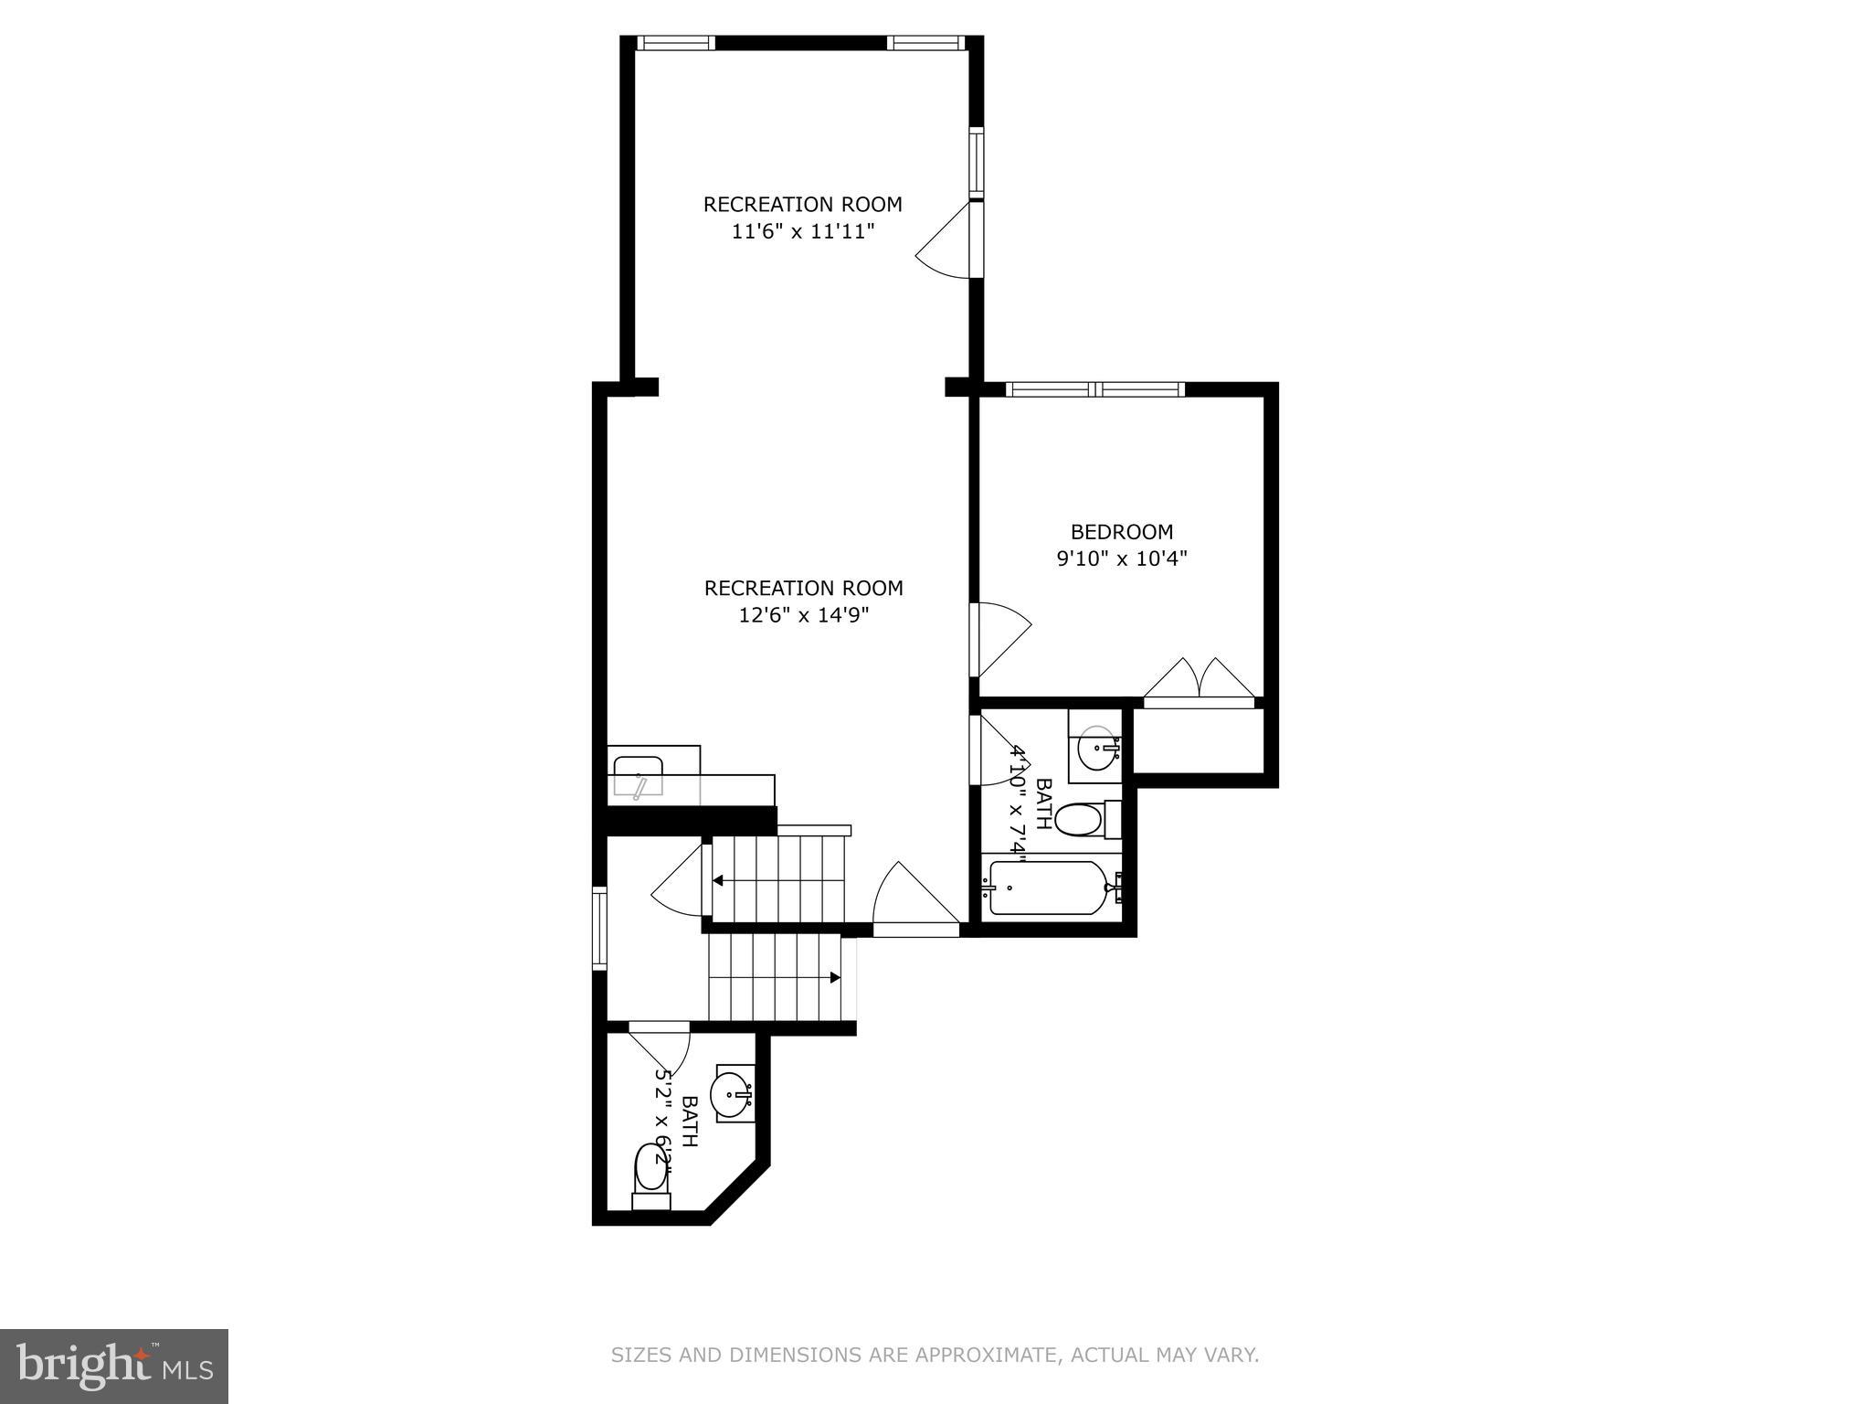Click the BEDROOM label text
1121,532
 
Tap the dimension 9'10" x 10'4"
1121,558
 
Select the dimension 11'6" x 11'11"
803,231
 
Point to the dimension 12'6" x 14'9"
803,615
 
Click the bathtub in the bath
1051,888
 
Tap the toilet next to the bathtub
1081,819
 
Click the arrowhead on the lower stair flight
834,977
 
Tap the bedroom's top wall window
1094,389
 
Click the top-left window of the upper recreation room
675,42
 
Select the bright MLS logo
113,1366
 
